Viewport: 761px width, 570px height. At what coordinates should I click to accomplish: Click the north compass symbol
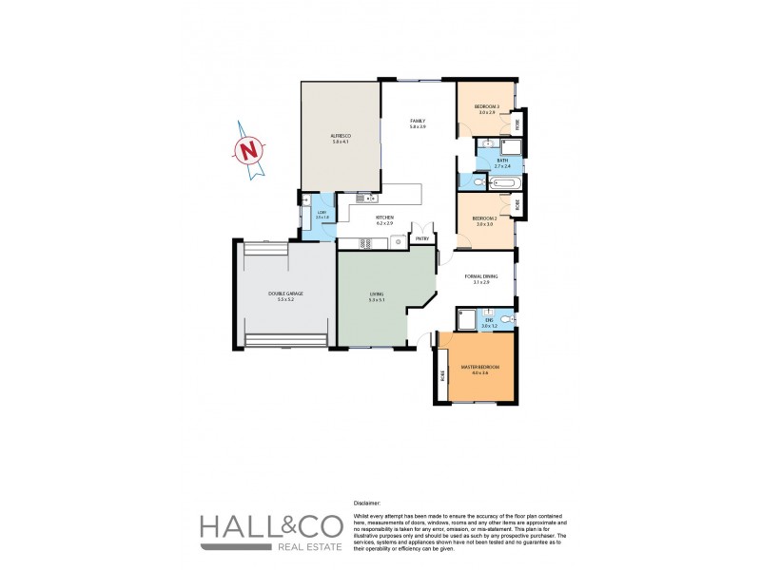click(x=249, y=150)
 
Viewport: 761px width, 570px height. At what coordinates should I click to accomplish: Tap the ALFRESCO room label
click(x=340, y=137)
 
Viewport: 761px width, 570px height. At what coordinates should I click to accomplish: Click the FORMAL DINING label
click(x=477, y=278)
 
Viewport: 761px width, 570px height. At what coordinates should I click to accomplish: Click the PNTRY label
click(x=421, y=238)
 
